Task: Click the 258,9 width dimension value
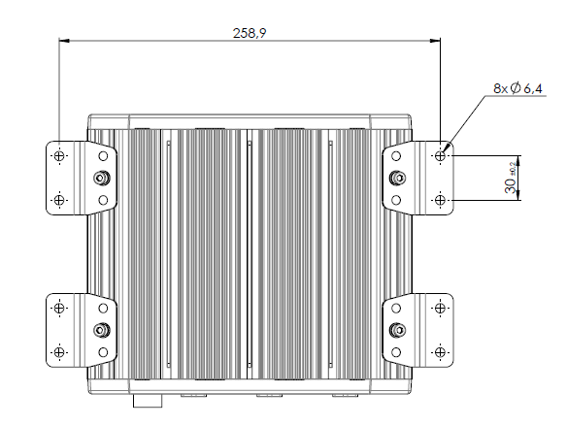(250, 32)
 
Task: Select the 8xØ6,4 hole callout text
(518, 88)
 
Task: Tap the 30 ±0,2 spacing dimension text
(511, 179)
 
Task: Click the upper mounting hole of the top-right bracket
(441, 155)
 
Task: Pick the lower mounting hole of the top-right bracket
(441, 200)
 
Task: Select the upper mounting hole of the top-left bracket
(59, 155)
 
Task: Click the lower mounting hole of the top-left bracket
(59, 200)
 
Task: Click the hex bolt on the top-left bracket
(101, 178)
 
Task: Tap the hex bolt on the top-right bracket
(397, 178)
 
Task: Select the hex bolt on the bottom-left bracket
(101, 329)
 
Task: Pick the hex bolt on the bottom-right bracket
(397, 329)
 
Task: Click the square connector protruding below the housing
(146, 399)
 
